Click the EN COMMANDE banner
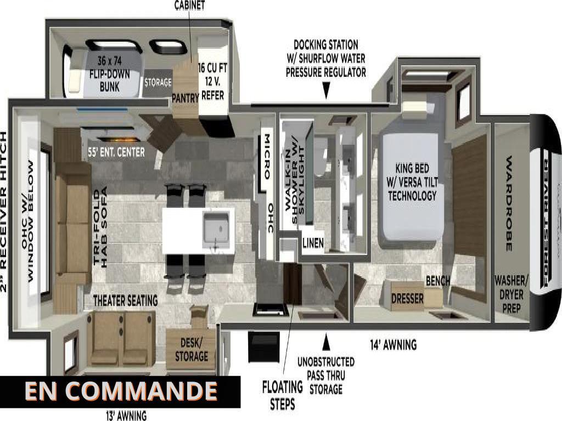(x=120, y=391)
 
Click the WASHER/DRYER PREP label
(x=510, y=294)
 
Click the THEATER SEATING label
(x=125, y=300)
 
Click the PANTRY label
(x=184, y=98)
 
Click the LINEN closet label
(x=313, y=243)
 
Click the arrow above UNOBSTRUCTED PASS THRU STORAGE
(x=326, y=343)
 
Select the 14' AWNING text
(x=392, y=345)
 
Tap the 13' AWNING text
(x=126, y=416)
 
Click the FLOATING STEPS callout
(x=282, y=395)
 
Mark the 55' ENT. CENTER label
(x=116, y=151)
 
